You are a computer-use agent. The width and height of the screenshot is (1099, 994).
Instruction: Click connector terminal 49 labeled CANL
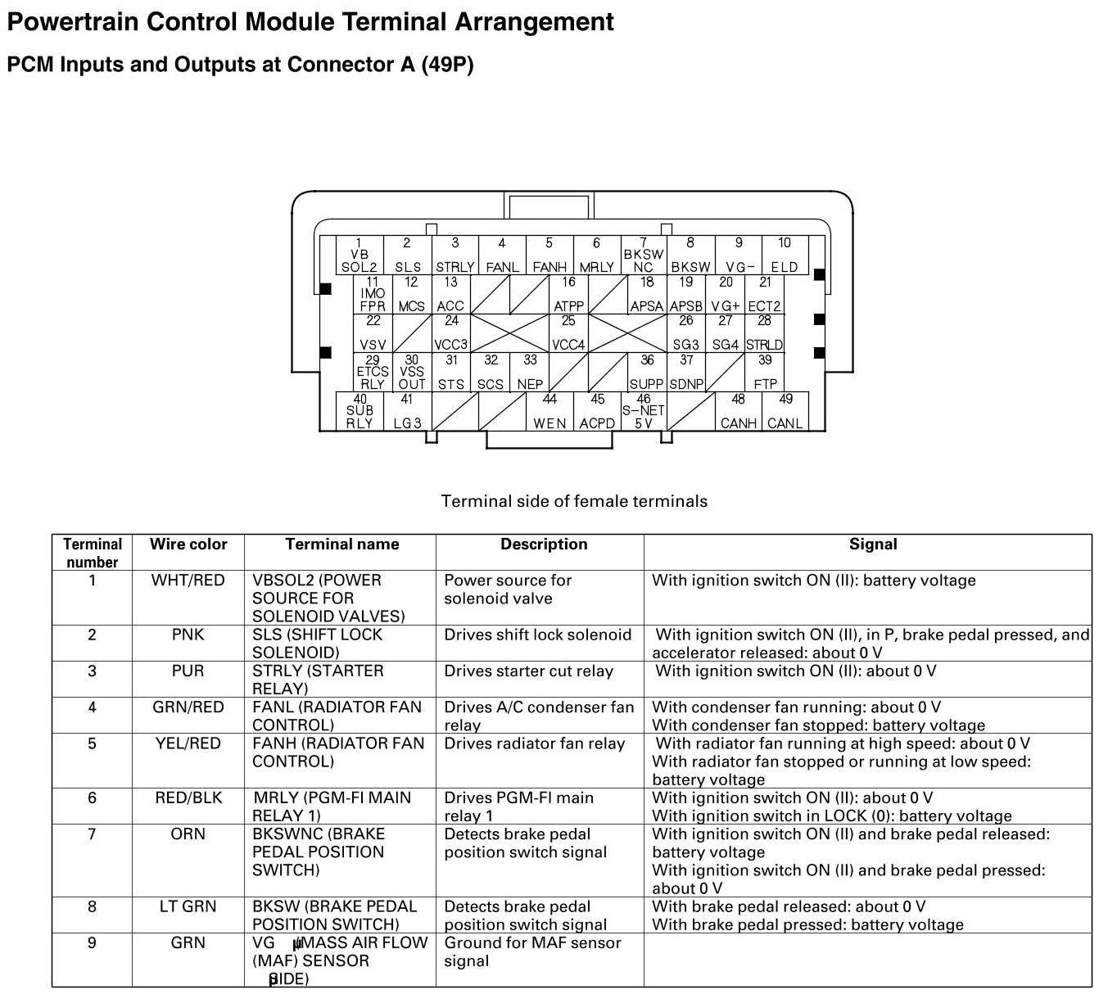tap(785, 412)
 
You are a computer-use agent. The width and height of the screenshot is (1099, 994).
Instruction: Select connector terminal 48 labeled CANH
tap(738, 412)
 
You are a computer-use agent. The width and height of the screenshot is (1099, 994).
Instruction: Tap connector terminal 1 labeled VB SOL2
tap(359, 255)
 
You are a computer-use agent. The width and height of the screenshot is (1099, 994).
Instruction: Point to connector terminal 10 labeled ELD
tap(785, 255)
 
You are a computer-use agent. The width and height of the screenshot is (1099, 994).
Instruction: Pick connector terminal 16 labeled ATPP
tap(568, 295)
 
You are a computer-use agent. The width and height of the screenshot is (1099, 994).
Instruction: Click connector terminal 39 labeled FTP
tap(765, 373)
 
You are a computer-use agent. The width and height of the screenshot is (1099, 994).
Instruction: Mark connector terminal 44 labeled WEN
tap(549, 412)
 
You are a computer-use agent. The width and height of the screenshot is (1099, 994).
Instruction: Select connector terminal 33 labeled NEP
tap(530, 373)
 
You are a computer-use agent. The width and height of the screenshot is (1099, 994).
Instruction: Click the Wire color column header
tap(188, 544)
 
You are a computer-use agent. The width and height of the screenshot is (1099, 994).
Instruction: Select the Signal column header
tap(872, 544)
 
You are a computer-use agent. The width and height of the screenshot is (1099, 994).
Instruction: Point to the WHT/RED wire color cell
tap(188, 581)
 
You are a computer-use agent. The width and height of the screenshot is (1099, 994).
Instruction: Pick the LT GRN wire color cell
tap(188, 906)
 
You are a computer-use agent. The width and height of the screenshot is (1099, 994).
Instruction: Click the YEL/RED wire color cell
tap(188, 743)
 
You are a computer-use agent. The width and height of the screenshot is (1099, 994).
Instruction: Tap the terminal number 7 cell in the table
tap(92, 834)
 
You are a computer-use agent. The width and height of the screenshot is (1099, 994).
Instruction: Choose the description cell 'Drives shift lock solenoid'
tap(538, 635)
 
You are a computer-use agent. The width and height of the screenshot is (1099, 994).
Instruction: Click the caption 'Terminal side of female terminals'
tap(574, 501)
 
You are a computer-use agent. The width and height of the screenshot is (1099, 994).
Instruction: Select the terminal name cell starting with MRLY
tap(332, 806)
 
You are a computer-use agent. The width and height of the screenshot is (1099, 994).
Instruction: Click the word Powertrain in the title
tap(66, 22)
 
